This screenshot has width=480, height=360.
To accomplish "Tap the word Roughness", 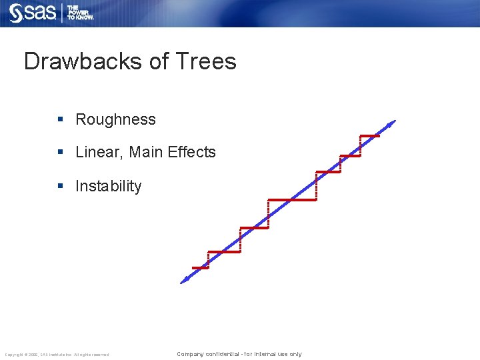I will coord(115,120).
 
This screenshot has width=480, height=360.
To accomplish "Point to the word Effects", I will coord(191,152).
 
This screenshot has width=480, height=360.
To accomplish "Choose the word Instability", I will coord(108,186).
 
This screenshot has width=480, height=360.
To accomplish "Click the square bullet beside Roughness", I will coord(60,120).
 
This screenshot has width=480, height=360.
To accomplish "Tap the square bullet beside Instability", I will coord(60,186).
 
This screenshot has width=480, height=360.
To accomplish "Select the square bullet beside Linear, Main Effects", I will coord(60,152).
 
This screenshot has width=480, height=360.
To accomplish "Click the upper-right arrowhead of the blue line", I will coord(392,123).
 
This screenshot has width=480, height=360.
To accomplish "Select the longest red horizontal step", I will coord(291,199).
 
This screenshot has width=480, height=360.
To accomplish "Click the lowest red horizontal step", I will coord(200,268).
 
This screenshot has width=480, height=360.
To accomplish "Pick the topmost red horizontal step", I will coord(369,136).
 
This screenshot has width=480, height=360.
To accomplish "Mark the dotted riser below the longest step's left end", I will coord(268,213).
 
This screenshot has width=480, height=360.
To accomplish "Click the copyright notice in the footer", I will coord(57,354).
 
